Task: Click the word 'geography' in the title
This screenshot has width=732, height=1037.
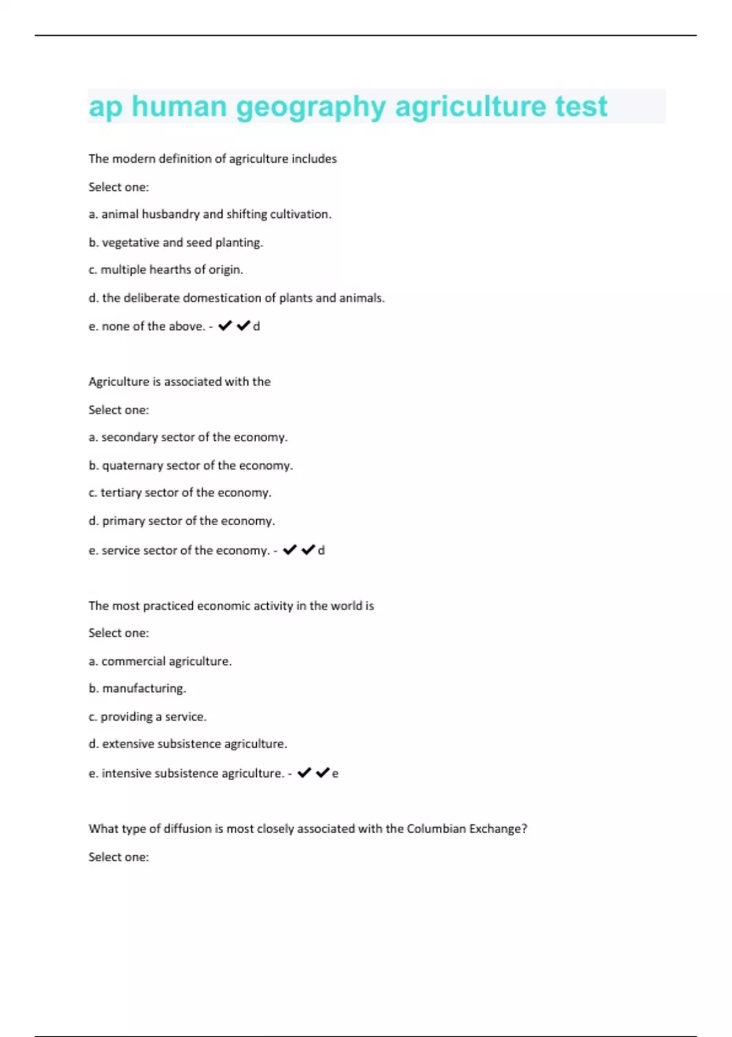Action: (x=311, y=107)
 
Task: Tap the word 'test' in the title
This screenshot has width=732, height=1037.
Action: (x=581, y=107)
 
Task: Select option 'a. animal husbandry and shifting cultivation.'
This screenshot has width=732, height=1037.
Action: (x=210, y=214)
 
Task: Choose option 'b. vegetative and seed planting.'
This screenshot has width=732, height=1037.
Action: (x=176, y=242)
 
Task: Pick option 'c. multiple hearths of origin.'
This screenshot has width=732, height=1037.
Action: (x=165, y=270)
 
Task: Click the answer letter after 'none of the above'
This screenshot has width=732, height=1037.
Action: (x=257, y=326)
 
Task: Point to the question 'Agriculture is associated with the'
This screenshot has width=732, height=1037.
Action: (x=179, y=382)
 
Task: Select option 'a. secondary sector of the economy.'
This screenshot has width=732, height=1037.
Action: (x=188, y=437)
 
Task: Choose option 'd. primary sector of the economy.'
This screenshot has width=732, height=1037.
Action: (x=182, y=521)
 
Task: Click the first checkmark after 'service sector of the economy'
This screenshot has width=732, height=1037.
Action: (x=290, y=550)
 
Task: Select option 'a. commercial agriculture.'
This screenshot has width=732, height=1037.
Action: (x=160, y=661)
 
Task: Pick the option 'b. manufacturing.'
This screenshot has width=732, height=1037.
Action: (x=137, y=689)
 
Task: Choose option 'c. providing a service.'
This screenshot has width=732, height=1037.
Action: (x=148, y=717)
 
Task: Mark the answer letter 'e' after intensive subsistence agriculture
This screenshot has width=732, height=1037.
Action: (x=335, y=773)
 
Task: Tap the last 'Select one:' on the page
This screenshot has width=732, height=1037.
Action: (x=118, y=857)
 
